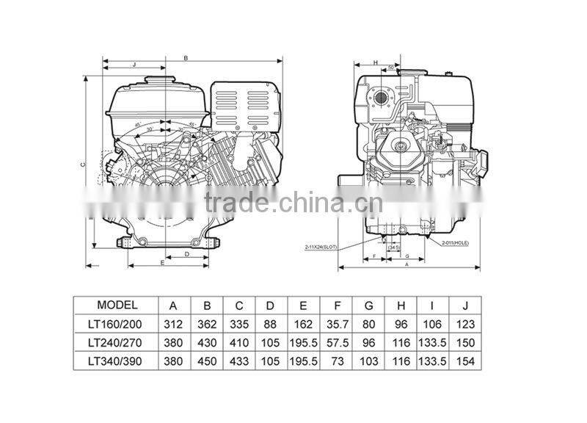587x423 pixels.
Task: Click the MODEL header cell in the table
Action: [117, 305]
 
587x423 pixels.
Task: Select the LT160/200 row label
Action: [117, 323]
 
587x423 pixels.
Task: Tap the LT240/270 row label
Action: [117, 342]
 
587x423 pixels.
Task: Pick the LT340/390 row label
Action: [117, 361]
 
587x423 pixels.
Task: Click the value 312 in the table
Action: [173, 323]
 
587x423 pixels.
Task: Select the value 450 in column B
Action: [206, 361]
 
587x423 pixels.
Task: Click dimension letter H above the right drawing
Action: [374, 63]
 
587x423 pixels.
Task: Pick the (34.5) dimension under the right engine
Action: [393, 248]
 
